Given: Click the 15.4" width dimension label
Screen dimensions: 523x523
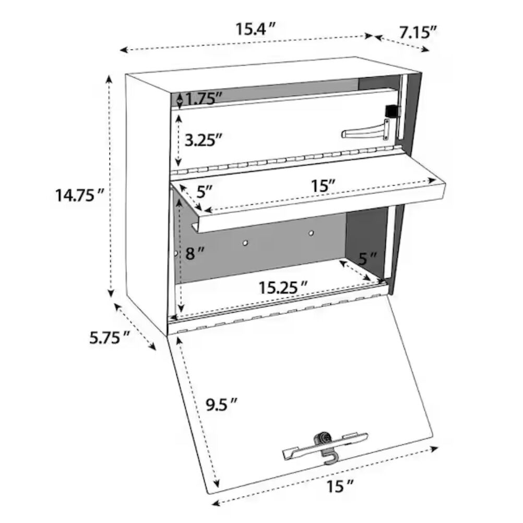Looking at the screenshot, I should pos(254,29).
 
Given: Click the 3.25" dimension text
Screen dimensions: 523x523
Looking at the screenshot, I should pos(204,139).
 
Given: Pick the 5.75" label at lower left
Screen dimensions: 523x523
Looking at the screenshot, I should pos(109,338).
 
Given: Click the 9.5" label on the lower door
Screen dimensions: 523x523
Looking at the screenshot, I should pos(219,403).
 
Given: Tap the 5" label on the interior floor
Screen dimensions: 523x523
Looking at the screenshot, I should pos(367,258).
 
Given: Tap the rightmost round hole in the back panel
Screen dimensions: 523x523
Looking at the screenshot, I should pos(311,233).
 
